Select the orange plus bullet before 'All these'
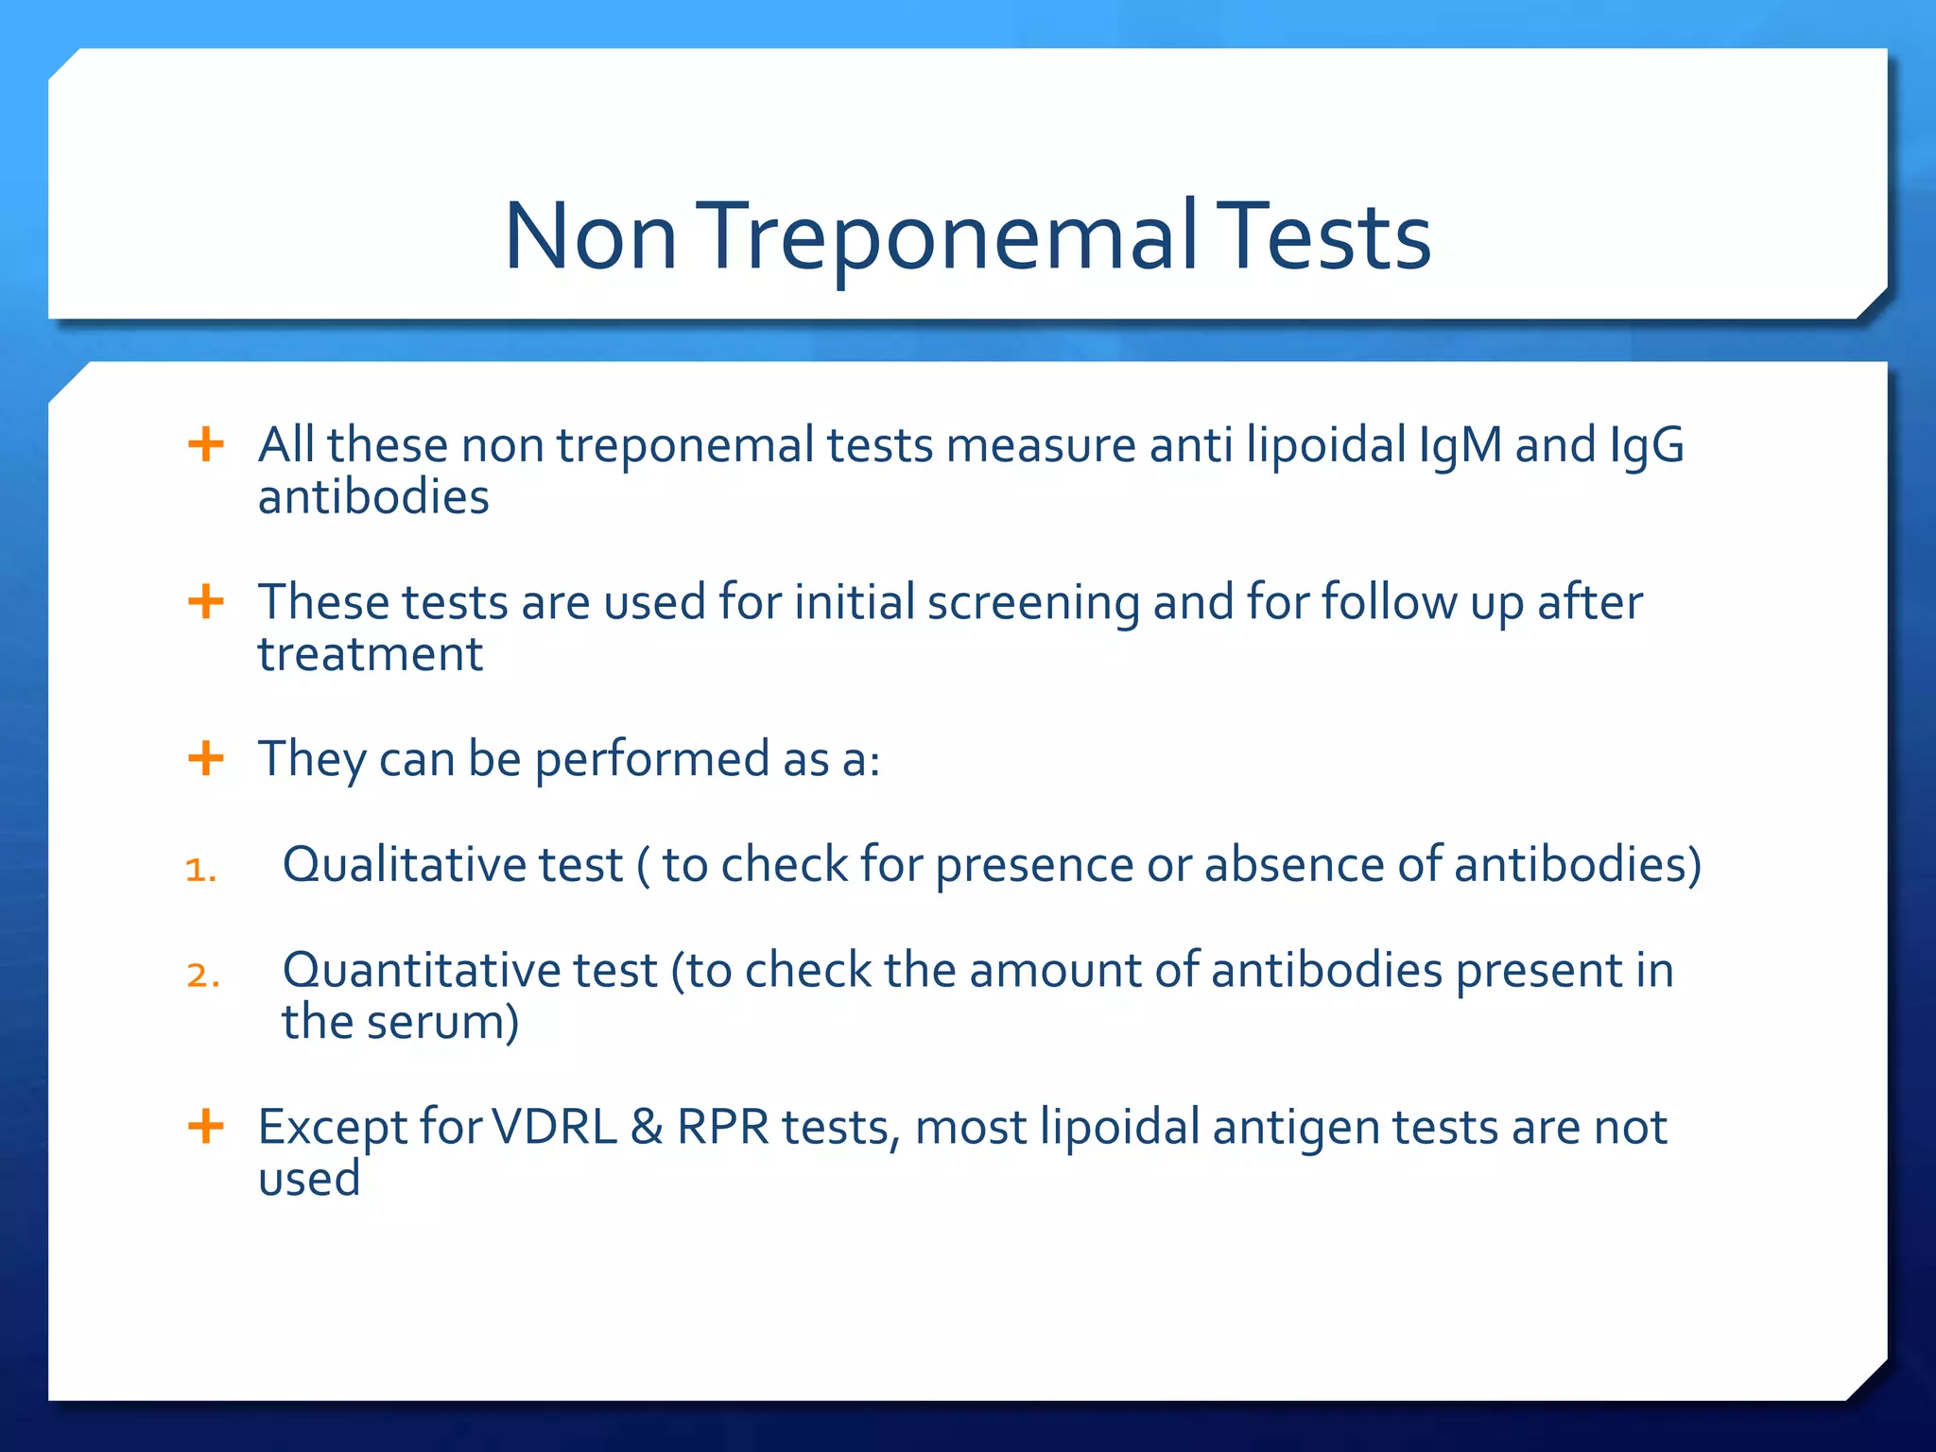coord(206,444)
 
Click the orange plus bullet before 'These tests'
coord(206,601)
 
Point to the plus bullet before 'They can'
coord(206,758)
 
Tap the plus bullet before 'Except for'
coord(206,1126)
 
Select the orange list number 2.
coord(202,975)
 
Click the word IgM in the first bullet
coord(1460,444)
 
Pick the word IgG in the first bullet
coord(1647,444)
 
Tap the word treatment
coord(371,654)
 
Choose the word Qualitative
coord(453,864)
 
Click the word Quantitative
coord(470,970)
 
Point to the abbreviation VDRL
coord(555,1127)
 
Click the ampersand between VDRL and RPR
coord(647,1127)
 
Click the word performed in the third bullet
coord(652,760)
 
